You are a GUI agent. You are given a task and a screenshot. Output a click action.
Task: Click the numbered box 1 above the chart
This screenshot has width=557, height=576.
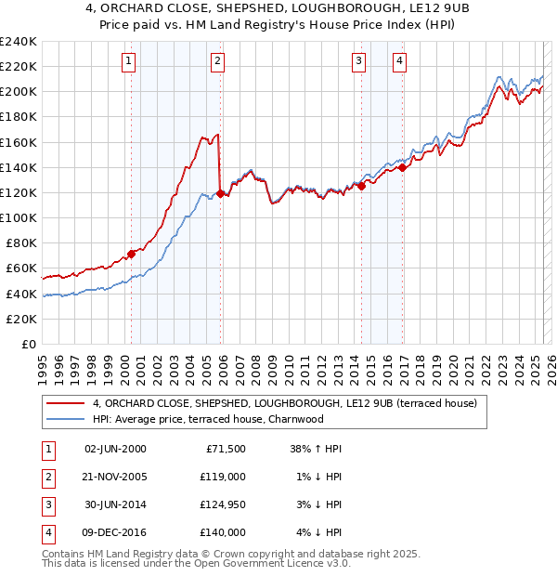[x=127, y=62]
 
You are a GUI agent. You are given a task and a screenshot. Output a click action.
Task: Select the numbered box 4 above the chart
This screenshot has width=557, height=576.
[x=399, y=62]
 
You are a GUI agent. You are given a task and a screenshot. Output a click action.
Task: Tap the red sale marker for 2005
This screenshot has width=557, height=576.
[x=220, y=193]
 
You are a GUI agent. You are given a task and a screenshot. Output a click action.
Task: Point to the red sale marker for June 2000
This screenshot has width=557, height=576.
[x=131, y=254]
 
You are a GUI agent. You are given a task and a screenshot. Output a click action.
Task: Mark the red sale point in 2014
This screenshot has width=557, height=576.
[x=361, y=186]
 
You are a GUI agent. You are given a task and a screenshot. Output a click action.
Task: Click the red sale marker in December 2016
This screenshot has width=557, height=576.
[x=402, y=167]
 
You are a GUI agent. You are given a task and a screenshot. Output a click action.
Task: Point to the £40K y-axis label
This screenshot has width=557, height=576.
[x=21, y=294]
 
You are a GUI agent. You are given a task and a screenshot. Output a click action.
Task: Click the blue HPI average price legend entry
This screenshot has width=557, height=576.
[x=207, y=419]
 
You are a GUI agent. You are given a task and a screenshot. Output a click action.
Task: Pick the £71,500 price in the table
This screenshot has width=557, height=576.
[x=225, y=449]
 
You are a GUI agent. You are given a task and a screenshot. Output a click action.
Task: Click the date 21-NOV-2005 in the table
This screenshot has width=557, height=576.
[x=115, y=477]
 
